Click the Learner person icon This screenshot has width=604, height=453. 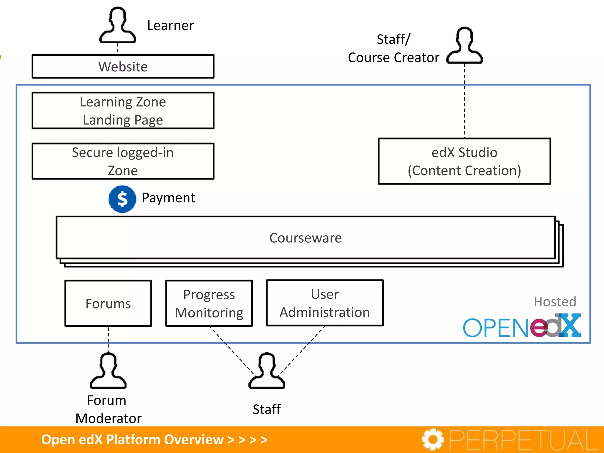pos(117,26)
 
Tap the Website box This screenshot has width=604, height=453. pos(123,66)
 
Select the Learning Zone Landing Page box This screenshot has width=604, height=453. pos(123,111)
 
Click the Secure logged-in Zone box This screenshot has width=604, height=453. pos(123,161)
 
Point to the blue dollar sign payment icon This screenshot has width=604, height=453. pos(122,199)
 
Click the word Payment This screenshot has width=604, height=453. pos(168,198)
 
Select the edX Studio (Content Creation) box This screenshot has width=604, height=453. pos(464,161)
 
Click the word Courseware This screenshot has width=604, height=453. pos(305,238)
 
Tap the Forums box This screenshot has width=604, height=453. pos(108,303)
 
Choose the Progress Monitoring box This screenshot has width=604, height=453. pos(209,303)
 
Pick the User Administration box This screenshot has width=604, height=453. pos(325,303)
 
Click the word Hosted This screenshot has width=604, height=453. pos(555,302)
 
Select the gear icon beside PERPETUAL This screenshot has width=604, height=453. pos(433,439)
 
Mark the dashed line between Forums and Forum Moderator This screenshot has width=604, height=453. pos(108,339)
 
